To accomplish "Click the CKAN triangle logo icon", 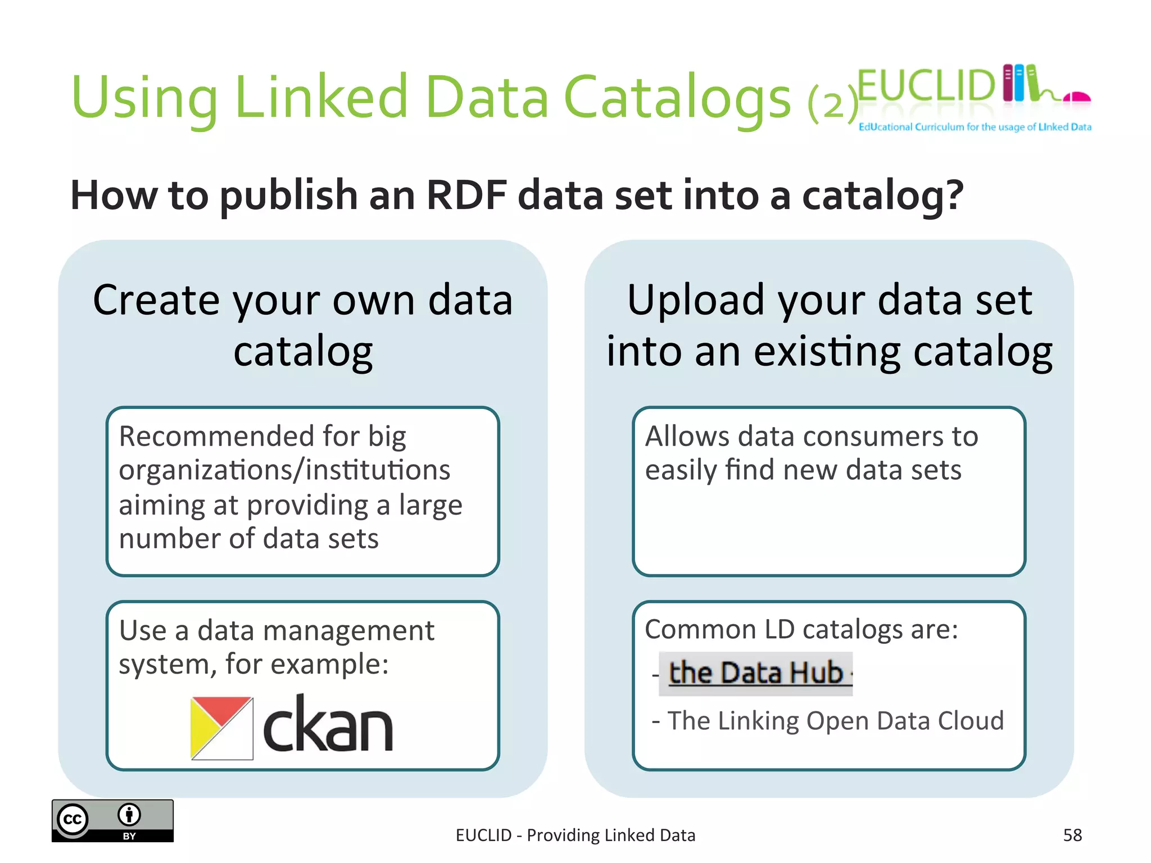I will coord(221,728).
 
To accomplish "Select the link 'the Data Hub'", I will coord(756,673).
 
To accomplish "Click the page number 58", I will coord(1072,835).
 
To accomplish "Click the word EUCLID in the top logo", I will coord(926,86).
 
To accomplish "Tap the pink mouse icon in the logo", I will coord(1076,98).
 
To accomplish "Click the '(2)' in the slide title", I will coord(833,103).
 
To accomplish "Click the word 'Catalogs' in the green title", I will coord(677,98).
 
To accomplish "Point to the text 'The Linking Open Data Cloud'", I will coord(835,721).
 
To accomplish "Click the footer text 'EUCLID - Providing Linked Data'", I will coord(575,835).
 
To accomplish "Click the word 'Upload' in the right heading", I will coord(696,301).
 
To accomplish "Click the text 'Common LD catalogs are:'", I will coord(801,629).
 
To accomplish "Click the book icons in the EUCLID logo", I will coord(1020,83).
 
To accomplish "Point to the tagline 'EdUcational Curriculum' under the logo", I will coord(910,127).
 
